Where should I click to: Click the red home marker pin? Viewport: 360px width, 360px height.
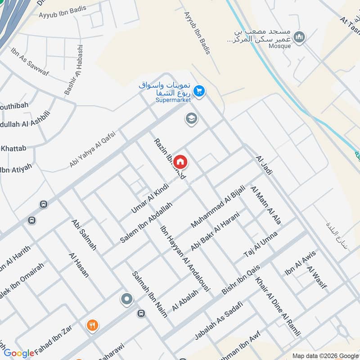tap(180, 161)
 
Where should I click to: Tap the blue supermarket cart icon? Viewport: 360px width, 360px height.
tap(200, 92)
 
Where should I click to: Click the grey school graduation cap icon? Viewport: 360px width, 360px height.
tap(191, 119)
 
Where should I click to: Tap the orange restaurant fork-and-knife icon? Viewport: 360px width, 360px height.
tap(92, 325)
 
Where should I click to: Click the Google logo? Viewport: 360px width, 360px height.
tap(19, 353)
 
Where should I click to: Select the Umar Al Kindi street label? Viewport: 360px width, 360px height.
tap(149, 198)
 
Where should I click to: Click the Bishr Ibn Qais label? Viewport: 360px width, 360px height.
tap(241, 280)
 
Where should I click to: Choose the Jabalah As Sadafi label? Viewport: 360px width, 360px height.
tap(219, 320)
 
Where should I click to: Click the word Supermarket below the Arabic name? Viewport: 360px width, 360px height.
tap(173, 100)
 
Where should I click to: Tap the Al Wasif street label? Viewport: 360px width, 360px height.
tap(317, 277)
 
